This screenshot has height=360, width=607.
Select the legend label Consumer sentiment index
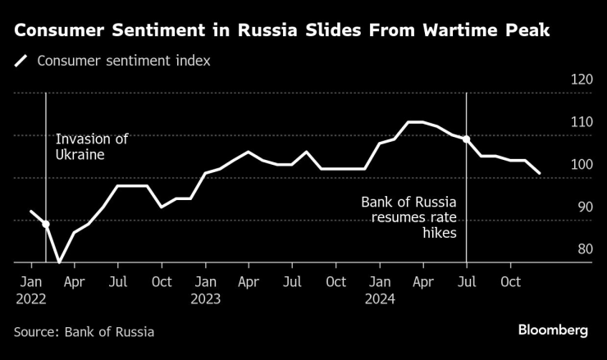[x=123, y=61]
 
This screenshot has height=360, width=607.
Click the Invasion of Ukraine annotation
[x=92, y=146]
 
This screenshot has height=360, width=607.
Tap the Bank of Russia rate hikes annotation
[x=408, y=217]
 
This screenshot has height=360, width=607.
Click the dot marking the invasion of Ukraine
[x=46, y=224]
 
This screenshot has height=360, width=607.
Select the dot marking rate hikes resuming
[x=467, y=139]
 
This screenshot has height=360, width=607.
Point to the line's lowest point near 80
[x=59, y=262]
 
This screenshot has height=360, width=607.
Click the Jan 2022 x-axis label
[x=32, y=290]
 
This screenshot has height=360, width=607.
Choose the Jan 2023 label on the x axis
[x=206, y=290]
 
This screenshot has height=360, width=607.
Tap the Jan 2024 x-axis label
[x=380, y=290]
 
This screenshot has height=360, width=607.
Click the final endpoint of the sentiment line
[x=540, y=173]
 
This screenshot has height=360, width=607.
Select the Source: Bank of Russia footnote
[x=84, y=332]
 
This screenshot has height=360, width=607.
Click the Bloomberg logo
[x=552, y=330]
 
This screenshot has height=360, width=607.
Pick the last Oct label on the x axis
[x=510, y=282]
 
